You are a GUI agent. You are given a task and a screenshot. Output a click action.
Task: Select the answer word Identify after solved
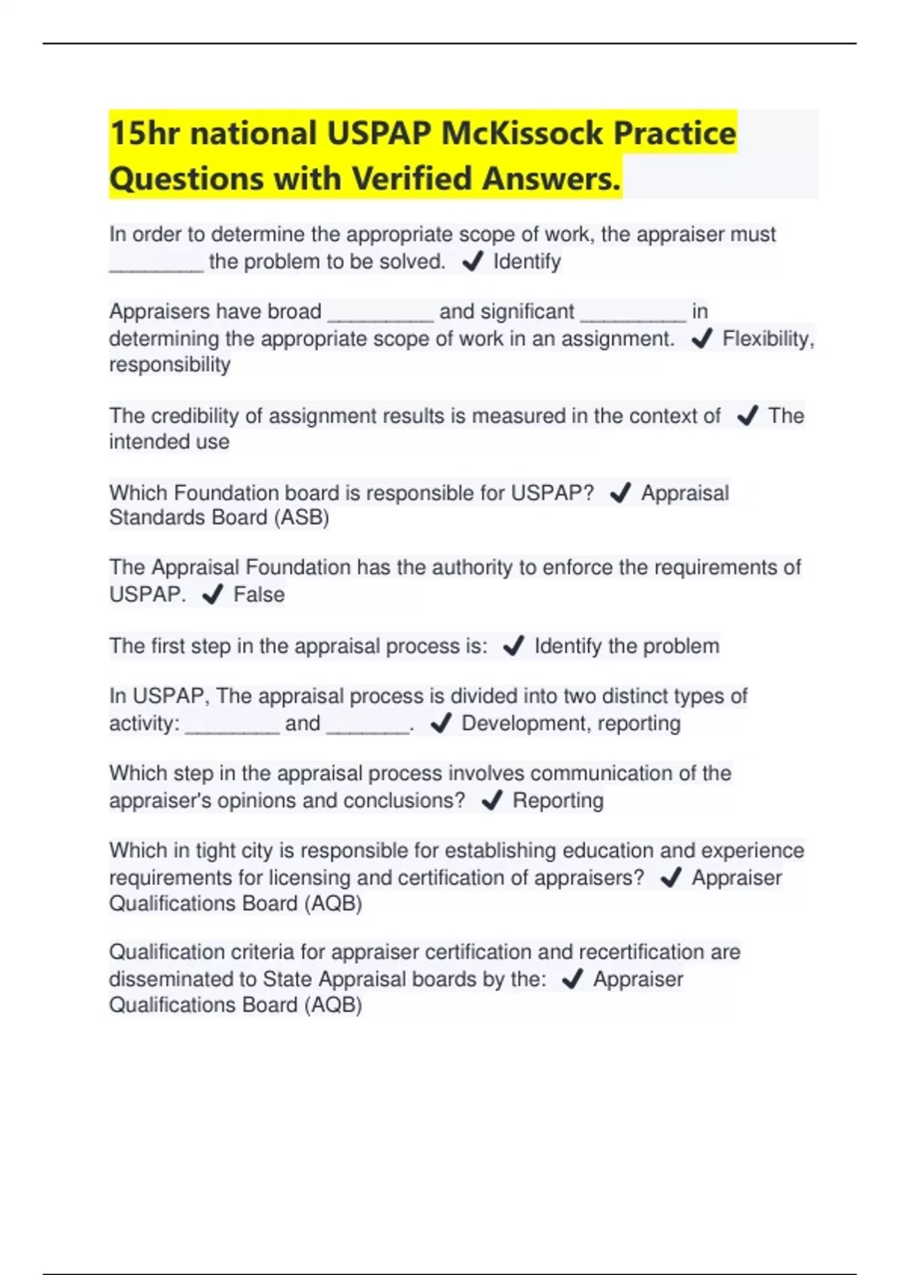coord(526,262)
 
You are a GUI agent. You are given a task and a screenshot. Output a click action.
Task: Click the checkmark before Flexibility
coord(701,339)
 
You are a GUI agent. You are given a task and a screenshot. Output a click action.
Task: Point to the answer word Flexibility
coord(766,339)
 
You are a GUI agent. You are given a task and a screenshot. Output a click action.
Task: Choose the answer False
coord(259,595)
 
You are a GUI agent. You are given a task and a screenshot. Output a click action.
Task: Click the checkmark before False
coord(213,595)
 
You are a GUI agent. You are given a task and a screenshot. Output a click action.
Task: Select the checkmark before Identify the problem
coord(514,646)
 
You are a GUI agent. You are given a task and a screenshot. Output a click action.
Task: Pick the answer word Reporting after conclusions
coord(558,800)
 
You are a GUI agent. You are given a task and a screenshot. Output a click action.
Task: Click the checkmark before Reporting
coord(492,801)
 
